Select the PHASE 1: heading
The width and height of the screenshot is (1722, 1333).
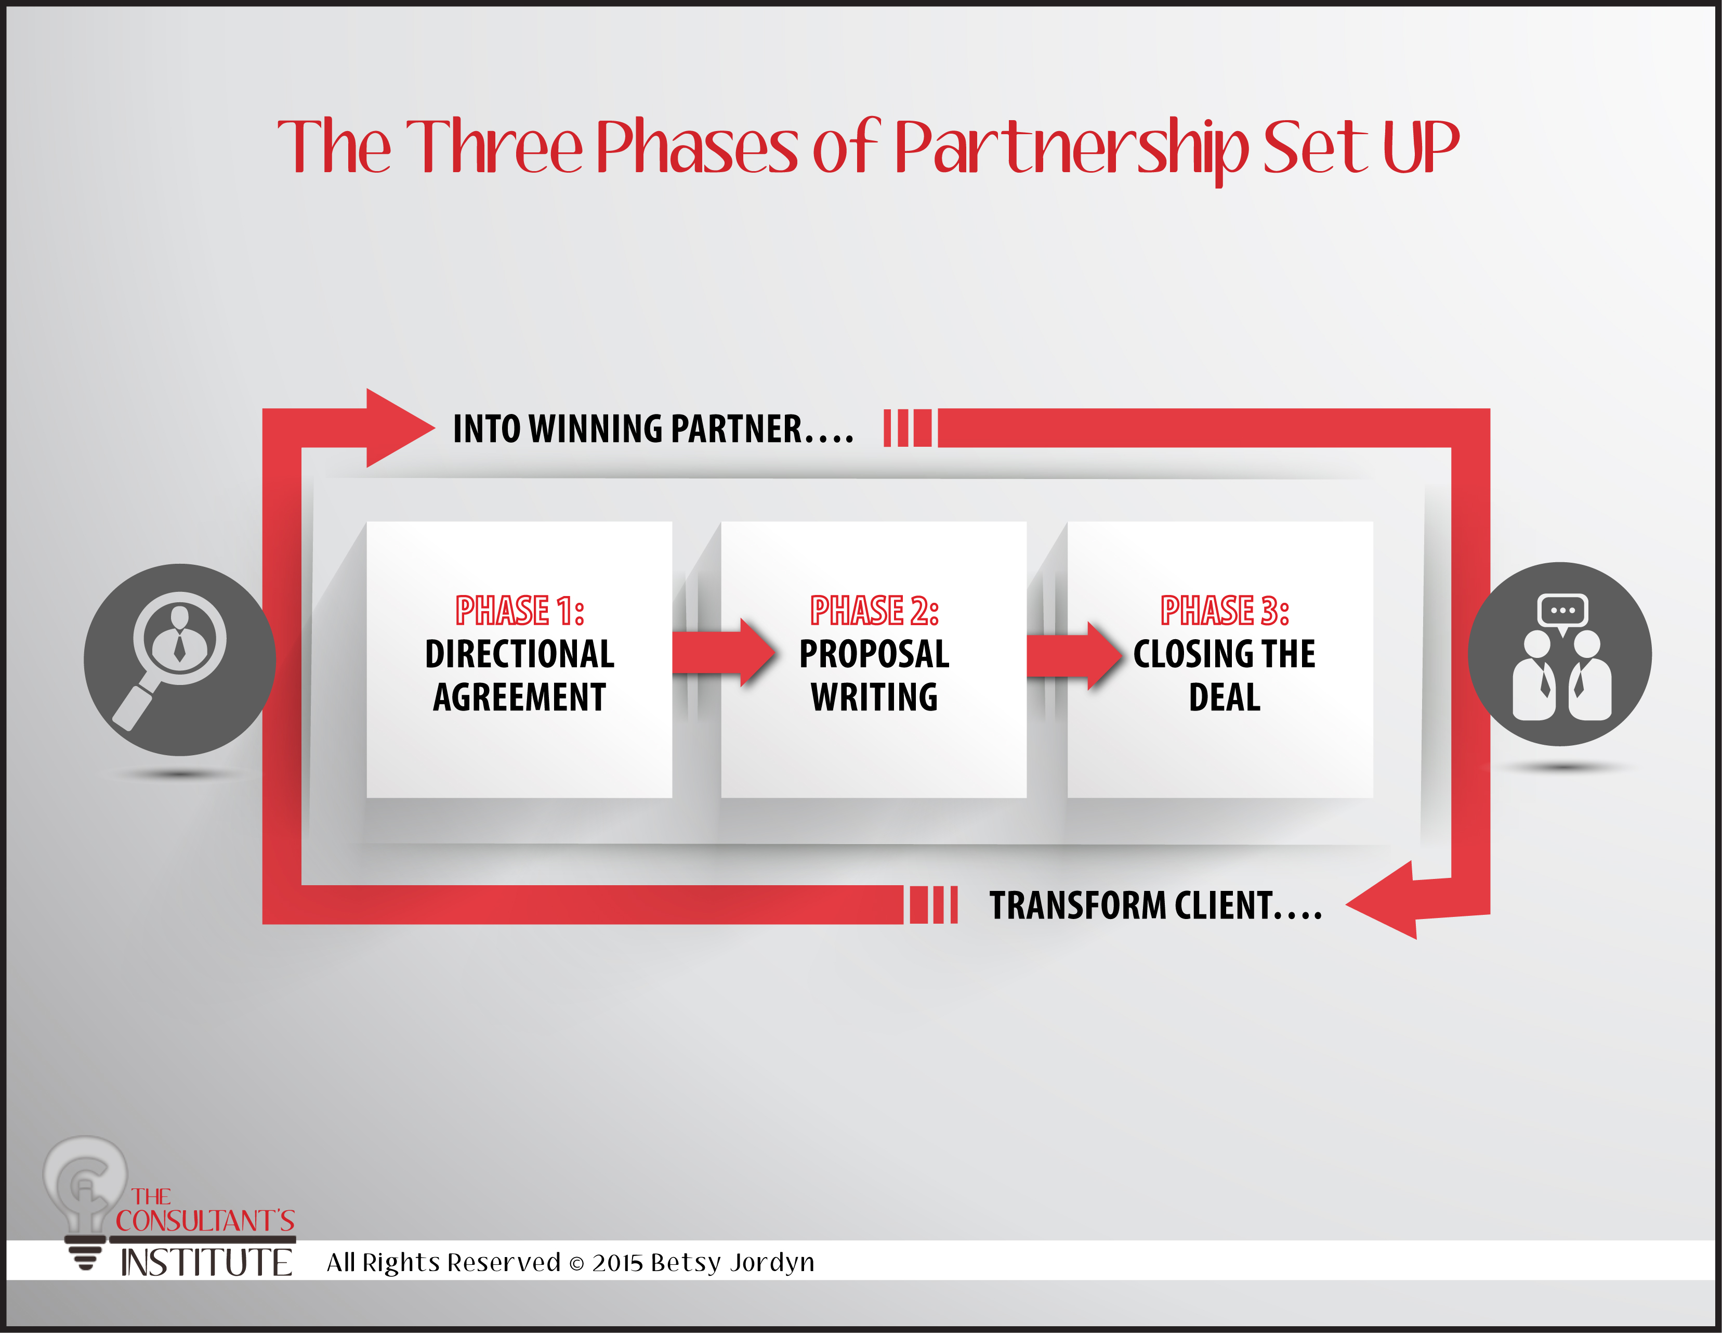point(520,611)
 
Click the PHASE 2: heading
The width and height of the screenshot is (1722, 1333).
point(874,611)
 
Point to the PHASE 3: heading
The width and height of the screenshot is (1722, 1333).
point(1225,611)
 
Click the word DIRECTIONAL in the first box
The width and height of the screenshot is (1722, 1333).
point(520,654)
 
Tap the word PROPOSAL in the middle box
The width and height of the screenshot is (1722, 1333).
point(874,654)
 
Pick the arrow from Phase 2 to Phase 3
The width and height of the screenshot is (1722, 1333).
point(1074,655)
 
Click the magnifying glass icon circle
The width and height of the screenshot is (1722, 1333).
point(180,659)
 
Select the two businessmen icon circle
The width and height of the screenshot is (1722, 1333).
point(1560,654)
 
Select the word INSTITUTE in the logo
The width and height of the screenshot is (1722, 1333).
point(206,1263)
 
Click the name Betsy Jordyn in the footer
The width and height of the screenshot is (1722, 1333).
point(732,1263)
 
